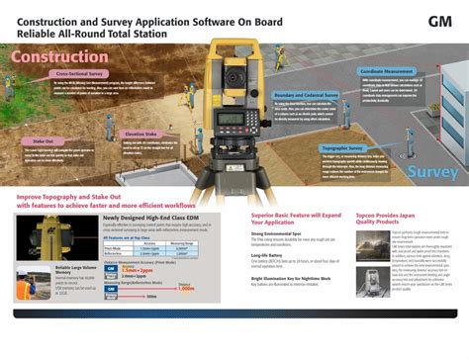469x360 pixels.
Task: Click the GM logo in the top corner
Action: (x=439, y=21)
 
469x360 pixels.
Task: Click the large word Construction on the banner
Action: (x=62, y=56)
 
